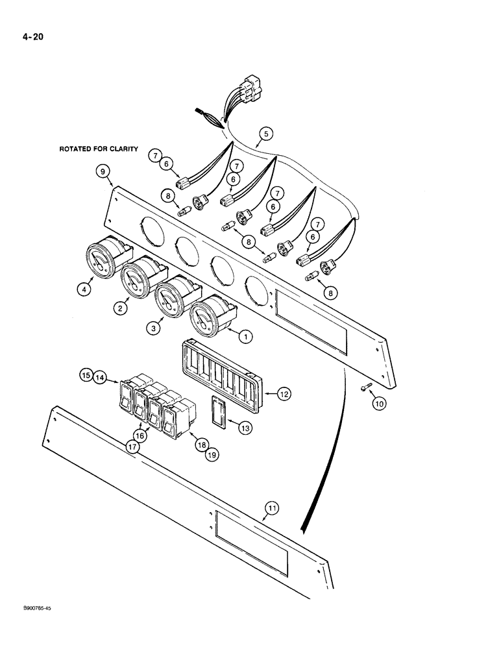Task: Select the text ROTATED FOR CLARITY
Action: (x=99, y=149)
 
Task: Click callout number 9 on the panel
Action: (x=103, y=172)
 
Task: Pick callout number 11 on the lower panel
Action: (x=272, y=512)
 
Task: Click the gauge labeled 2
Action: (x=137, y=281)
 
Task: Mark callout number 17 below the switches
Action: (x=133, y=447)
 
